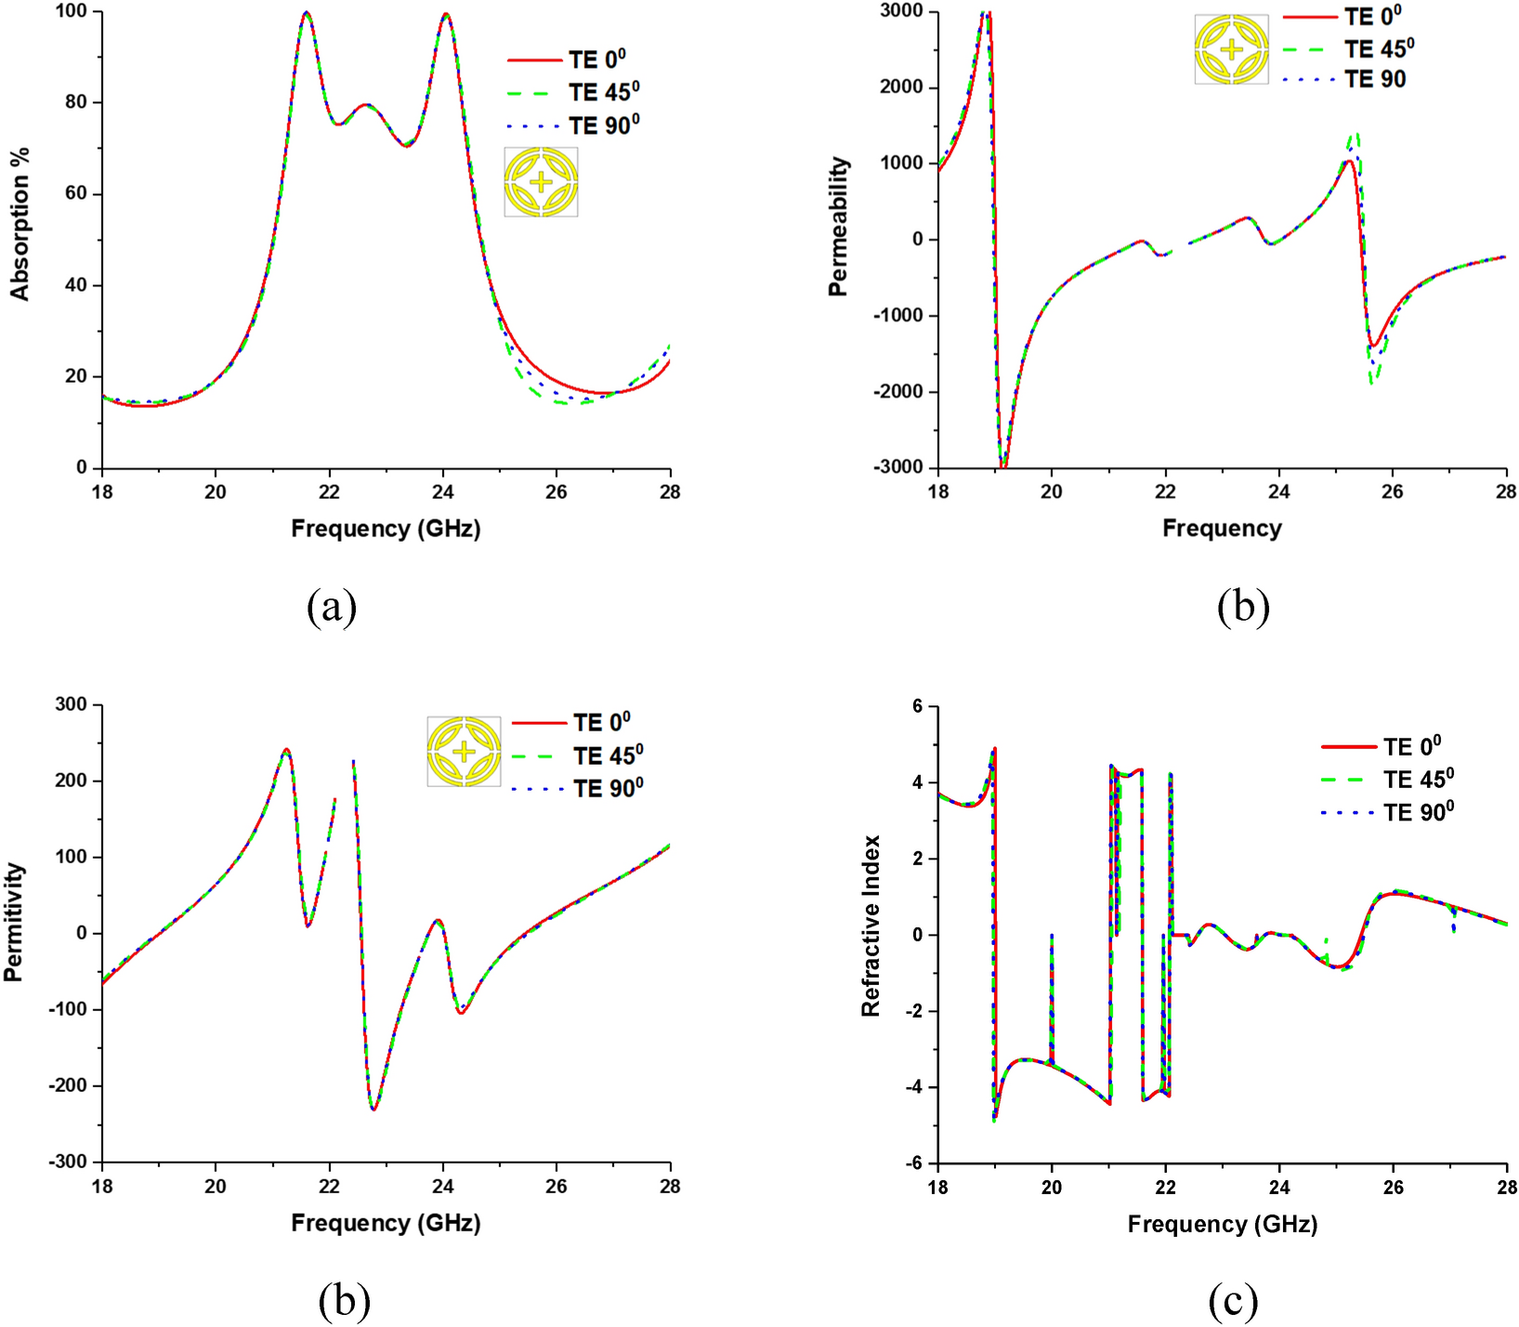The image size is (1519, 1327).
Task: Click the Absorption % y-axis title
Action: click(x=20, y=224)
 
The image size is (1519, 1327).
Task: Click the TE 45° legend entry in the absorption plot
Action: click(x=603, y=92)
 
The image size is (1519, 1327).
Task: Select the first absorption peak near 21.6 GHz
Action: click(x=306, y=13)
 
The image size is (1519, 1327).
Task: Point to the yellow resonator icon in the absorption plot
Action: click(x=541, y=182)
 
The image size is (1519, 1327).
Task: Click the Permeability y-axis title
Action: click(x=839, y=226)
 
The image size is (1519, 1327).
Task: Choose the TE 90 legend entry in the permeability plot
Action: click(x=1374, y=80)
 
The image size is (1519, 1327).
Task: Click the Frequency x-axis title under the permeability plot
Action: click(x=1222, y=529)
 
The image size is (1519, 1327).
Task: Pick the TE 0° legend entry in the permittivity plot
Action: click(x=601, y=723)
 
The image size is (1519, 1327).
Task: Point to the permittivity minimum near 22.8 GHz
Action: click(x=373, y=1109)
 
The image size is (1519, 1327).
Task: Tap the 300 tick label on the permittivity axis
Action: click(x=71, y=704)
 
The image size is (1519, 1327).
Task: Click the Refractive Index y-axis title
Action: click(x=871, y=926)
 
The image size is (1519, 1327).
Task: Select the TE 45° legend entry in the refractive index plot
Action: click(x=1418, y=779)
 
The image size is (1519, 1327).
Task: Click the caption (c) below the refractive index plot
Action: click(x=1233, y=1300)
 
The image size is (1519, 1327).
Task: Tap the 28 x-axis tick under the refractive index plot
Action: click(x=1505, y=1187)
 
